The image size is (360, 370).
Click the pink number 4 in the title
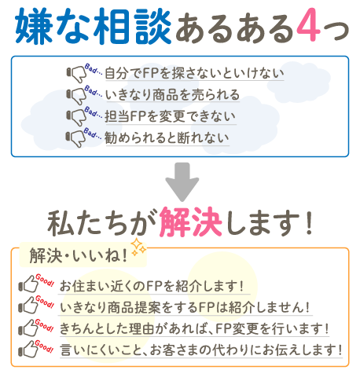tap(308, 24)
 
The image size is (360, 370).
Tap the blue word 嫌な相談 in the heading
tap(93, 26)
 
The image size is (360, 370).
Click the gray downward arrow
tap(182, 181)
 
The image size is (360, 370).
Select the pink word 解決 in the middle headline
tap(191, 222)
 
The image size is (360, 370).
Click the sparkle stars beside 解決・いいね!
tap(138, 247)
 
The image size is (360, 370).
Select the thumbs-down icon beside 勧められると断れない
tap(75, 138)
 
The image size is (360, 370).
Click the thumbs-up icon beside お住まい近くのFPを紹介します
tap(28, 284)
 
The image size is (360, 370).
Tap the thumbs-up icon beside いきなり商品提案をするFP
tap(28, 306)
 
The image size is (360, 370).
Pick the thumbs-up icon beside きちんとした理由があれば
tap(28, 328)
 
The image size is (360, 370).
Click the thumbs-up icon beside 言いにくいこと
tap(28, 349)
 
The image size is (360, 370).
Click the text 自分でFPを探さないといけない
tap(194, 73)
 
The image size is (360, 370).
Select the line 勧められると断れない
tap(167, 137)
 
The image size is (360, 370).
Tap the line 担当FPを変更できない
tap(171, 116)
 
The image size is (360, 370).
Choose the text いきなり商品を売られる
tap(172, 94)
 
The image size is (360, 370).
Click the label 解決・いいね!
tap(79, 255)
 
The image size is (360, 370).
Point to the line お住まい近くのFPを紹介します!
tap(152, 286)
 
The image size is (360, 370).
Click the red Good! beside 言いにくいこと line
tap(44, 346)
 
